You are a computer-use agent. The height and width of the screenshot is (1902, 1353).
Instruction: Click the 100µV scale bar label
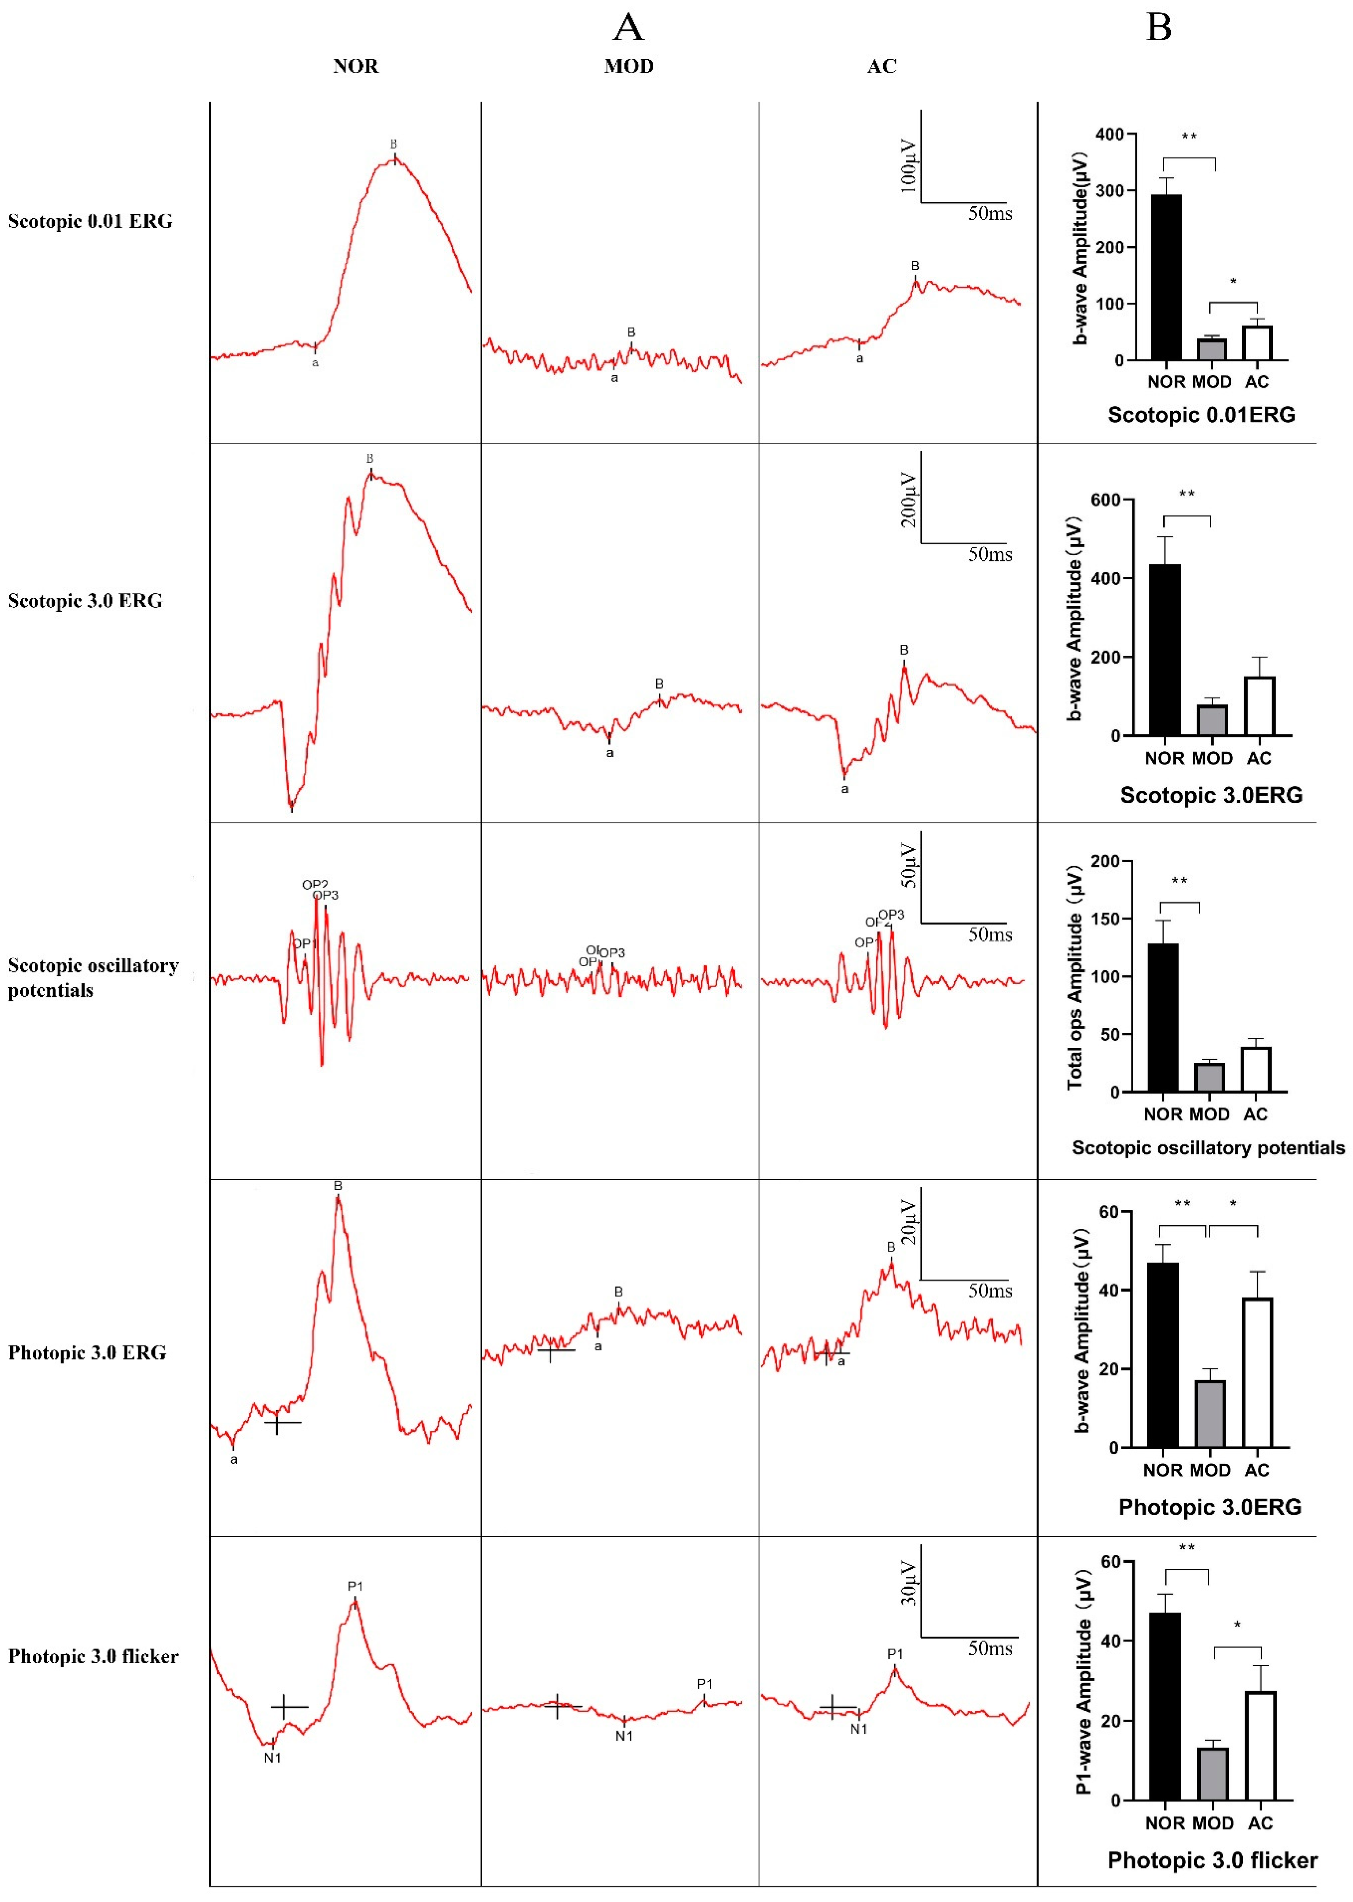(x=908, y=166)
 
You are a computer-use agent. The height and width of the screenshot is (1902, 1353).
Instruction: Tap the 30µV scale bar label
(x=908, y=1583)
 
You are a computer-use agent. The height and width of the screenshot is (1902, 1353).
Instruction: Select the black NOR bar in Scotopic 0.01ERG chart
(x=1165, y=277)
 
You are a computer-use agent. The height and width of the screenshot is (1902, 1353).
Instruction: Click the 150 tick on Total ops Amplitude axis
(x=1105, y=918)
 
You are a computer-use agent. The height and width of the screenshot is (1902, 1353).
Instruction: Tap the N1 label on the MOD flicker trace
(x=624, y=1736)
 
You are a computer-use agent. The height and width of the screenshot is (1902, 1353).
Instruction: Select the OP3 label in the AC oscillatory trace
(x=891, y=915)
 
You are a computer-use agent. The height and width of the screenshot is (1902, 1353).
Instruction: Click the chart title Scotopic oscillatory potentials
(x=1207, y=1148)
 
